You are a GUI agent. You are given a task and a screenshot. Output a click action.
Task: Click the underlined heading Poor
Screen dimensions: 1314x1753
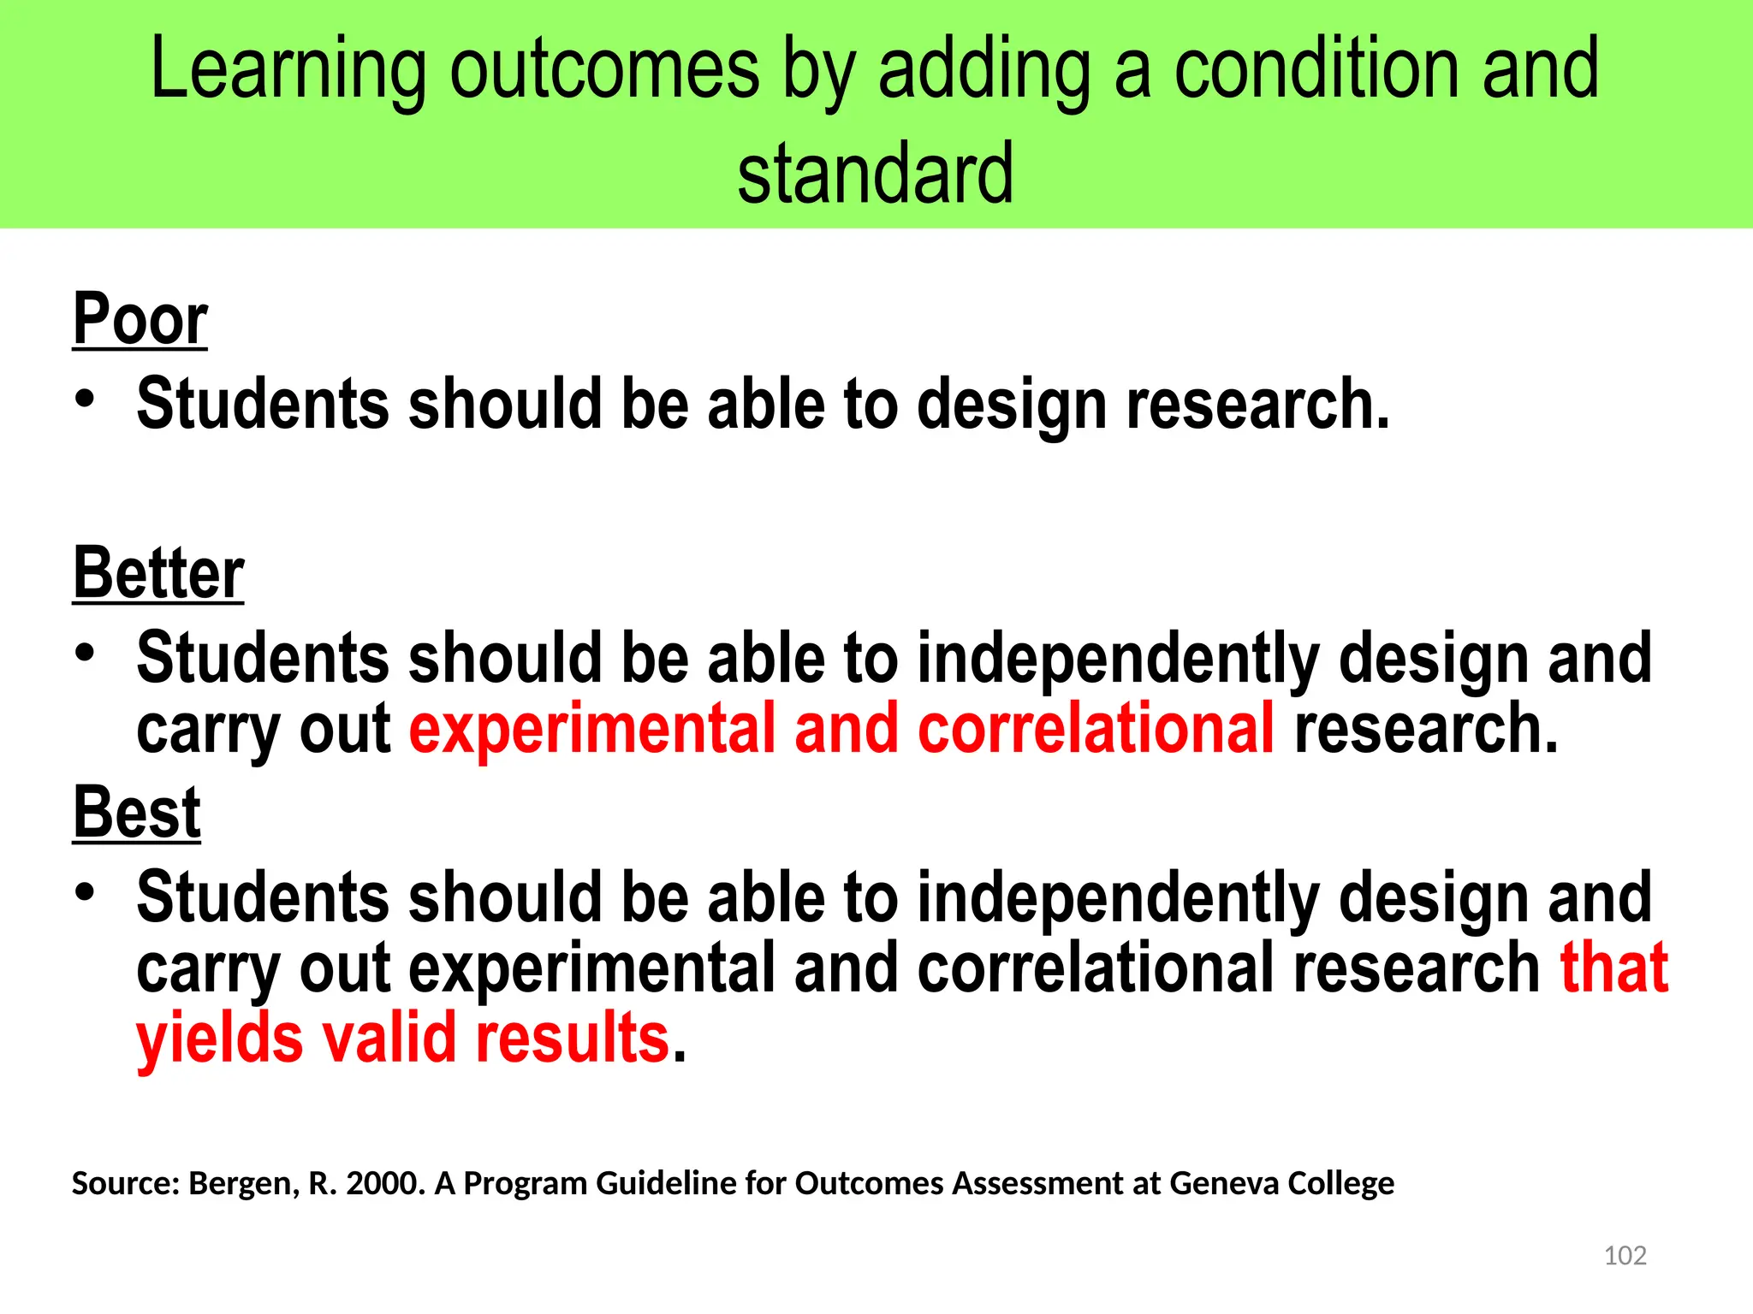click(x=140, y=319)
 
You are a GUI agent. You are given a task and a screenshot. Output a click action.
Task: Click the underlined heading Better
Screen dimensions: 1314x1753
click(x=158, y=573)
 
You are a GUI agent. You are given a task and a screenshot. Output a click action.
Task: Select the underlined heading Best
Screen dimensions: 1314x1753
click(x=136, y=813)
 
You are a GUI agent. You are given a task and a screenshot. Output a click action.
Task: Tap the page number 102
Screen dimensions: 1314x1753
click(x=1625, y=1255)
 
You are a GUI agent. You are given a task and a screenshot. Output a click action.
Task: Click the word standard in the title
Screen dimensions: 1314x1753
click(x=876, y=174)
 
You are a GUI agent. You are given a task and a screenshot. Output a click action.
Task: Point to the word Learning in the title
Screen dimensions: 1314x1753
click(x=288, y=70)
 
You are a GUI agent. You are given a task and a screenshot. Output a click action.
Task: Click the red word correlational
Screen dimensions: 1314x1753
click(x=1096, y=730)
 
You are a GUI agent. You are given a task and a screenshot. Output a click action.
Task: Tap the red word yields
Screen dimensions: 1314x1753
click(x=219, y=1039)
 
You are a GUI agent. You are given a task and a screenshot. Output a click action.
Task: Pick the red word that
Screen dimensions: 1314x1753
click(x=1613, y=968)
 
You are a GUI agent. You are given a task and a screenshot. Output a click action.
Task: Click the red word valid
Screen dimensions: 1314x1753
click(x=389, y=1038)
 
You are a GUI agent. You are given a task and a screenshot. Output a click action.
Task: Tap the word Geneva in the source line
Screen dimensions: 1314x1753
click(x=1223, y=1183)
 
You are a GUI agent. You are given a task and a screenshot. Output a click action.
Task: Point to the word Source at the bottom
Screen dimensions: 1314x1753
click(x=125, y=1183)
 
